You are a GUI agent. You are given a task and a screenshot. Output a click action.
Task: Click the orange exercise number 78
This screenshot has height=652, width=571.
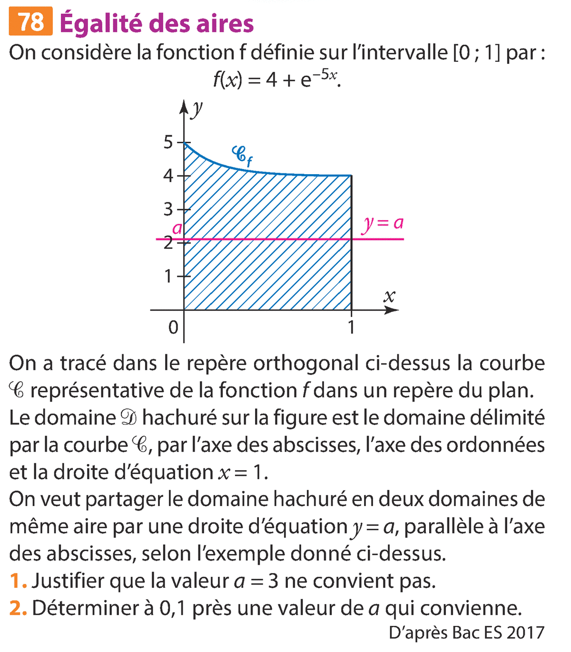tap(30, 22)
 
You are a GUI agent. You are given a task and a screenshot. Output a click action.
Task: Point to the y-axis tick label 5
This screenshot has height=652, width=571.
tap(168, 142)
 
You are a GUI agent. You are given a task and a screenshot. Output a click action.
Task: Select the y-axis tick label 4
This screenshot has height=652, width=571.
tap(168, 176)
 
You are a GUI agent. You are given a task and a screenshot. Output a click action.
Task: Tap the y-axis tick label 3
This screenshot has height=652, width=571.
tap(168, 209)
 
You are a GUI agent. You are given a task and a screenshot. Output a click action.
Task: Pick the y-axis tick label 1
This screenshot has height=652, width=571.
tap(168, 276)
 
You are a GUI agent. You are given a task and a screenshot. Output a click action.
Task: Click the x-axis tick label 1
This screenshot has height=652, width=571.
tap(351, 327)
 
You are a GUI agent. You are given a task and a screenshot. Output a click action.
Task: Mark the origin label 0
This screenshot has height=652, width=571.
tap(173, 327)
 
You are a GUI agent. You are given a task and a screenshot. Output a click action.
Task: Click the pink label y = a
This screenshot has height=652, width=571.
tap(383, 223)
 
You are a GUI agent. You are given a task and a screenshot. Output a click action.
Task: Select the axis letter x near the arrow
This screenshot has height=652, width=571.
tap(389, 297)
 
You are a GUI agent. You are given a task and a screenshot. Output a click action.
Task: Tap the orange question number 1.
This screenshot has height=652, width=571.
tap(17, 581)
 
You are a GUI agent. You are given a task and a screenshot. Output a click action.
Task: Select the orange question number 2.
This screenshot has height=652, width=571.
tap(17, 608)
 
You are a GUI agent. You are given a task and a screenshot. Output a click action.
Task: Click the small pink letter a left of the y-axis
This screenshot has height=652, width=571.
tap(177, 229)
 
